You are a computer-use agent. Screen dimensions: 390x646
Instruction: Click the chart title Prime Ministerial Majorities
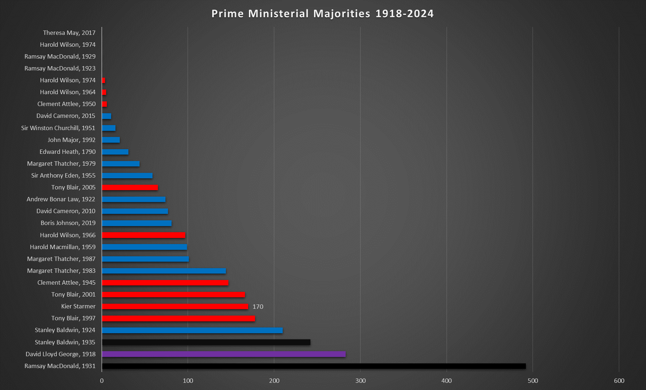click(322, 14)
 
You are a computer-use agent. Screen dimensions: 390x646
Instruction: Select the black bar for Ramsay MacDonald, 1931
click(314, 366)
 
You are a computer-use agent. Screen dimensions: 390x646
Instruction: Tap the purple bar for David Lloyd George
click(223, 354)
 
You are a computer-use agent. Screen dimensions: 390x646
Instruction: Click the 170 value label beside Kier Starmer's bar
click(258, 307)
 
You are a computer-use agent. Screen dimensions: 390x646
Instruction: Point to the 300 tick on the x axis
click(360, 381)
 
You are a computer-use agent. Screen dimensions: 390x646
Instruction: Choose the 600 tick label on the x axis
click(619, 381)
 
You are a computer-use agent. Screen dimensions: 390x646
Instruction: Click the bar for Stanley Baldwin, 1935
click(206, 342)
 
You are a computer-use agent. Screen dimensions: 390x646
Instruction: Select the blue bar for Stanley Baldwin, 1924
click(192, 330)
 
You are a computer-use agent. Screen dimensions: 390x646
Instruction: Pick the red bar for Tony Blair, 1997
click(178, 318)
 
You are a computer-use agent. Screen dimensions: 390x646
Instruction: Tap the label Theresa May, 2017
click(69, 33)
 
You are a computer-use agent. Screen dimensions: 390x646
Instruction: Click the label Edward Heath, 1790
click(68, 152)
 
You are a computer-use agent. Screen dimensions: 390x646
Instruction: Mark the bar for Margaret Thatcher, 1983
click(164, 271)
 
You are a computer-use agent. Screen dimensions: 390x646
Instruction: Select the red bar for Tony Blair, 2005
click(130, 187)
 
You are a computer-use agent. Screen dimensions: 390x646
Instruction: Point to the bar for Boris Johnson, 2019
click(137, 223)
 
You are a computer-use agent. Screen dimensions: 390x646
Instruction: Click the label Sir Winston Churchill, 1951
click(58, 128)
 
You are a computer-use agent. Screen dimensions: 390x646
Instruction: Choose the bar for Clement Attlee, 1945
click(165, 283)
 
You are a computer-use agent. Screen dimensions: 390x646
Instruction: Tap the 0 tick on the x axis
click(102, 381)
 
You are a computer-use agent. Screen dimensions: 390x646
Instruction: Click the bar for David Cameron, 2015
click(106, 116)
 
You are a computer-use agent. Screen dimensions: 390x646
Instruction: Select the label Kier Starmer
click(78, 306)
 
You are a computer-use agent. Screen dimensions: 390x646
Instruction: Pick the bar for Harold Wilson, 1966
click(144, 235)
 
